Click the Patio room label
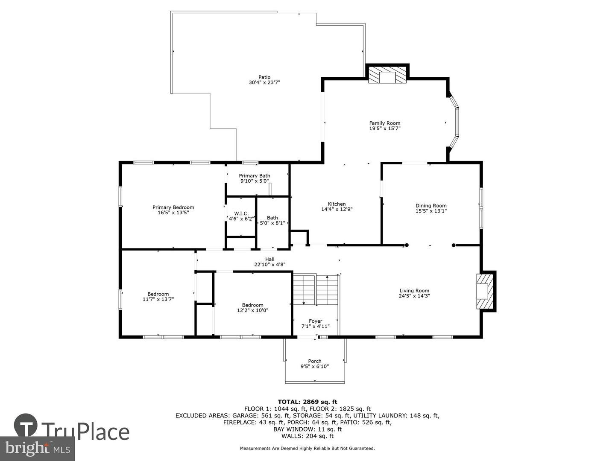[264, 77]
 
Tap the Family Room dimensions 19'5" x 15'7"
[385, 128]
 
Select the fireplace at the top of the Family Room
[388, 76]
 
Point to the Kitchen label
[337, 204]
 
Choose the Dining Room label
[431, 206]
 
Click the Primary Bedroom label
[173, 207]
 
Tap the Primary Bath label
[254, 176]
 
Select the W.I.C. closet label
[241, 213]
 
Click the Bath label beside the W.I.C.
[272, 218]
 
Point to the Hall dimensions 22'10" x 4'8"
[269, 265]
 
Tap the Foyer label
[315, 321]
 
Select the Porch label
[315, 361]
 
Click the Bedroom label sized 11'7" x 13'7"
[158, 294]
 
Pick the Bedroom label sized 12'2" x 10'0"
[252, 305]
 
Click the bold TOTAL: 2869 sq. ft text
[307, 402]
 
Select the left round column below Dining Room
[407, 245]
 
